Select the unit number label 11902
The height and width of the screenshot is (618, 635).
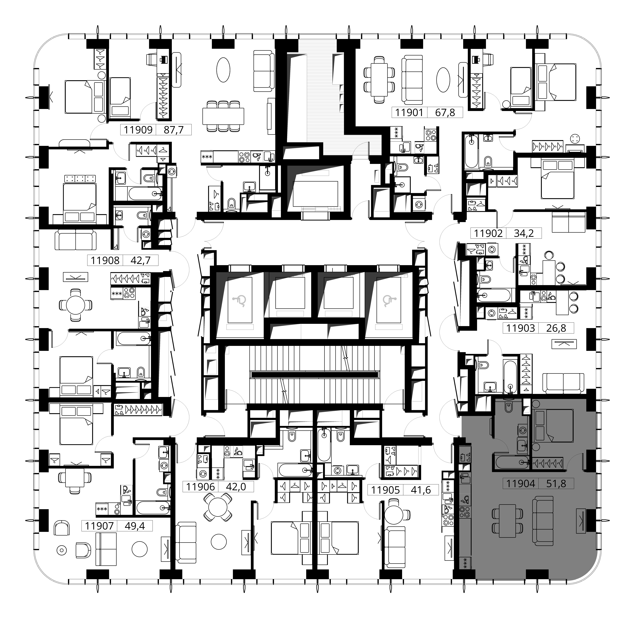(488, 233)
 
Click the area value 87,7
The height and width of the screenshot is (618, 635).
(174, 130)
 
